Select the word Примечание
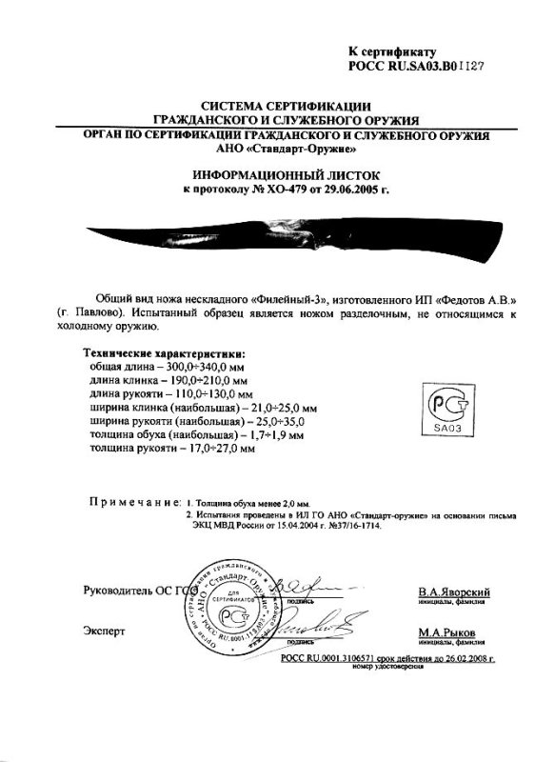pos(131,501)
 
